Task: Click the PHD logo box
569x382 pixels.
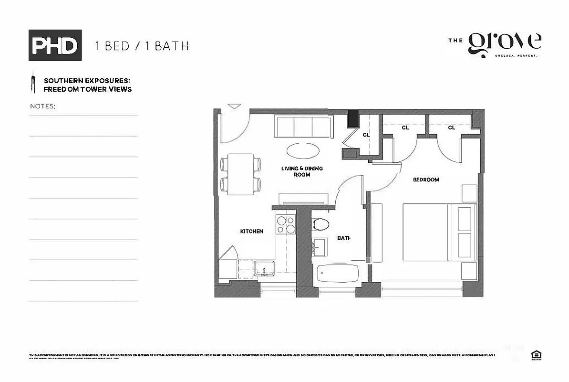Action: (x=55, y=45)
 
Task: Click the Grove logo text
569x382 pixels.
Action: (x=504, y=44)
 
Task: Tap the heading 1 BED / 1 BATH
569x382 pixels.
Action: (x=142, y=46)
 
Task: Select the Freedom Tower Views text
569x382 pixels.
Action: (x=87, y=89)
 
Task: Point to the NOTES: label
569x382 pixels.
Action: (x=42, y=106)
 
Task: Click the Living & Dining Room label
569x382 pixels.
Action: (x=302, y=171)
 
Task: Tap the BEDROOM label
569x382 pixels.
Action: (x=425, y=180)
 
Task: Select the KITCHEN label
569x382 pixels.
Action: (x=251, y=231)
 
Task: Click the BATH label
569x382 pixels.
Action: (x=344, y=237)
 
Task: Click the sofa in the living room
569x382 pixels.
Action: (x=303, y=127)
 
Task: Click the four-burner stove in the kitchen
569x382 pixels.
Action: (x=286, y=225)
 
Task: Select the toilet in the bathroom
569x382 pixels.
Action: (x=321, y=225)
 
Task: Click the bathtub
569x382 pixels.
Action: (x=338, y=276)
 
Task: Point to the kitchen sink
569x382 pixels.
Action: (x=264, y=268)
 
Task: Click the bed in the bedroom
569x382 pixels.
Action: (x=439, y=232)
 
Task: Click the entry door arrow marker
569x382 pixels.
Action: (x=234, y=106)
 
